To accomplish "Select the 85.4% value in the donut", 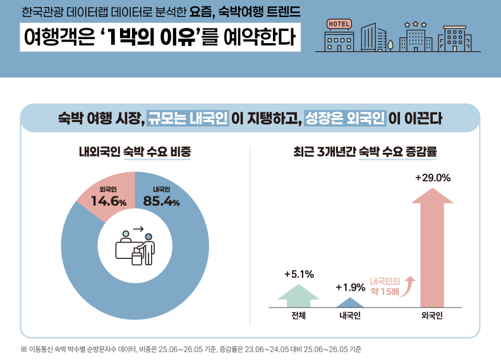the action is [161, 201].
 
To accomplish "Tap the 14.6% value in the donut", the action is [109, 201].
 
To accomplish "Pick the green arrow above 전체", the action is [298, 296].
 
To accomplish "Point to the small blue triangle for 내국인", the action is [350, 303].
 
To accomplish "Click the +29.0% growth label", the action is [433, 177].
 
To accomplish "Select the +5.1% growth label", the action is [299, 274].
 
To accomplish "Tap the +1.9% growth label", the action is [351, 287].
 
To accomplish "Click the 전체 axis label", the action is [298, 316].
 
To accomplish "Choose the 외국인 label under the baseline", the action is [432, 316].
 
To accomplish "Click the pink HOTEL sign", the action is [339, 24].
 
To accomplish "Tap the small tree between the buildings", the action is [390, 45].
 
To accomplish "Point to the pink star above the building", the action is [415, 23].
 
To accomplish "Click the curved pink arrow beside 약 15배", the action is [407, 286].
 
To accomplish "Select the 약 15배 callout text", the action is [385, 291].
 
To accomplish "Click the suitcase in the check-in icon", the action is [136, 258].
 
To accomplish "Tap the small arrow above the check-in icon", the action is [138, 229].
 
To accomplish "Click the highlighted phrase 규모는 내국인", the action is [188, 118].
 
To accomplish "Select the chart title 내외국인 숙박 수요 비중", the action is [135, 152].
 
